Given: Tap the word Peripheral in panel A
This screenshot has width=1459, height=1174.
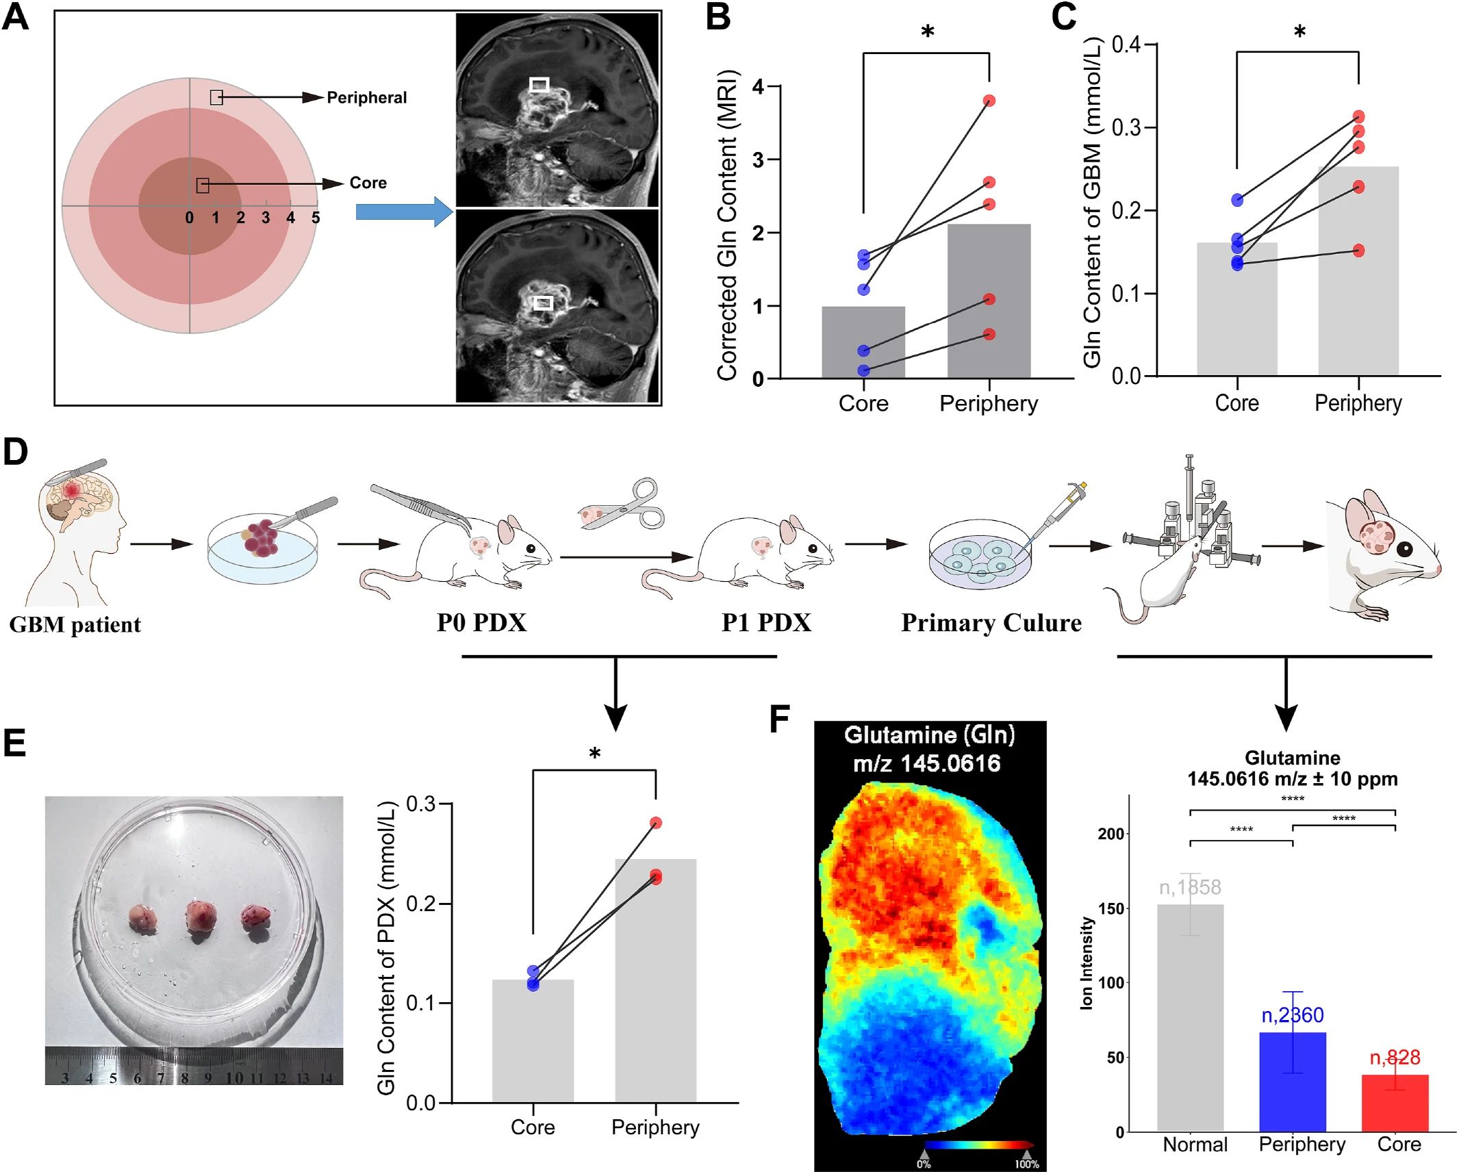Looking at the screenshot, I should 366,98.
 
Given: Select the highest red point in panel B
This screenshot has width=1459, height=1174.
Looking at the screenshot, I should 989,101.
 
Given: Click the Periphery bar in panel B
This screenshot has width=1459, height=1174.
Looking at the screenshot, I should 989,301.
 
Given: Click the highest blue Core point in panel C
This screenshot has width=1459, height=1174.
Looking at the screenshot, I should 1237,200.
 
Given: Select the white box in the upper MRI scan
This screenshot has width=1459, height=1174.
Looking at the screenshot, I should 540,85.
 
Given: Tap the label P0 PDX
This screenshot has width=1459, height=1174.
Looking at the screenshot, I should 481,623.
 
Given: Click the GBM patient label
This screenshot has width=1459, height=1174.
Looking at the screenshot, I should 75,624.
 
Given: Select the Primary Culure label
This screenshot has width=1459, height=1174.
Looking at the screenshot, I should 991,623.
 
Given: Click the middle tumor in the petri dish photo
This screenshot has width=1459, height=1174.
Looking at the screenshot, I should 201,918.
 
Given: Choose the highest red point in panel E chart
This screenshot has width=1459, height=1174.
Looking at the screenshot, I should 656,823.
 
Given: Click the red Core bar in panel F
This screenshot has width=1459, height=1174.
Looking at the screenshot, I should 1395,1103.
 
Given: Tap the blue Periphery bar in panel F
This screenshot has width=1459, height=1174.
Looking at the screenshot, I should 1293,1082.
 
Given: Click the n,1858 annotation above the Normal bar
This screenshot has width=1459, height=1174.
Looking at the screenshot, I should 1190,888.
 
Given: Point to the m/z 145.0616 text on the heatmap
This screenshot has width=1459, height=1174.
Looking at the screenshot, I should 926,763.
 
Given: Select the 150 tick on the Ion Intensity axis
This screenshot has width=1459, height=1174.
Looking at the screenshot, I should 1111,908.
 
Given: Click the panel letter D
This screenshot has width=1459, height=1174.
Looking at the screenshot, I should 16,452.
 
